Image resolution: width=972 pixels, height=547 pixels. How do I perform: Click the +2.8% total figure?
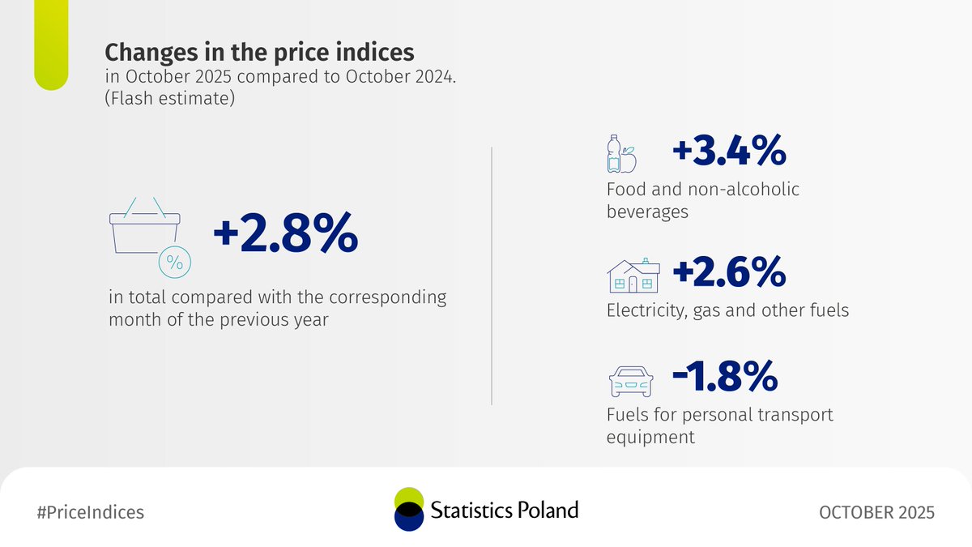click(x=284, y=234)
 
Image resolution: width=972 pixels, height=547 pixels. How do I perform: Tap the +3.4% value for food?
click(x=729, y=152)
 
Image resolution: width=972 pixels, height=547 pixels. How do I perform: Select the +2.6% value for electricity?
click(x=729, y=272)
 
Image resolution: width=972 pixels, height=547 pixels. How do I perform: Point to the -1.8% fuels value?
click(x=725, y=376)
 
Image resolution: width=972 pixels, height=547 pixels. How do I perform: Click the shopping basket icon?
click(x=144, y=227)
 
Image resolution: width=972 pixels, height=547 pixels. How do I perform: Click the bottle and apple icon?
click(x=621, y=154)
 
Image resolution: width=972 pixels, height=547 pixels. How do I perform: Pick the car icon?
click(x=631, y=379)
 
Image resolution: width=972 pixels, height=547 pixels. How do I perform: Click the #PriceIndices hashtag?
click(x=91, y=512)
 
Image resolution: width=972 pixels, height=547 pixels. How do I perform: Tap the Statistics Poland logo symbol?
click(x=408, y=510)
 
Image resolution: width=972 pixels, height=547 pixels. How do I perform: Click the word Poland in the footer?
click(x=548, y=510)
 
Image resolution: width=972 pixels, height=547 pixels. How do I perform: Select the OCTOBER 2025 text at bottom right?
click(x=876, y=512)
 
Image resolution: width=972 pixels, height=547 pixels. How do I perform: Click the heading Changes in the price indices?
click(x=259, y=53)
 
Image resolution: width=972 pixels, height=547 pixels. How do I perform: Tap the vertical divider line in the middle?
click(x=492, y=276)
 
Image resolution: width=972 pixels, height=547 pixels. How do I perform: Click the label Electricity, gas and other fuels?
click(x=727, y=310)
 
